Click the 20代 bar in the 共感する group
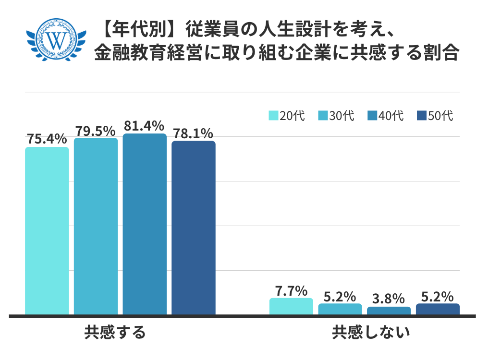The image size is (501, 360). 47,230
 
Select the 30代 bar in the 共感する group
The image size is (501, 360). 96,226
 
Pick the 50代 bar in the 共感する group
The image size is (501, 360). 194,228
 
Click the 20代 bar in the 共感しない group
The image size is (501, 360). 291,307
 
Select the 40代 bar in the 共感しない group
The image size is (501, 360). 389,311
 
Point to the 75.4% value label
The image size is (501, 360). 47,139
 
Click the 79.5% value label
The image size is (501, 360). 95,131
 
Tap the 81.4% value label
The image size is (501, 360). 145,126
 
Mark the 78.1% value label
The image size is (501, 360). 194,133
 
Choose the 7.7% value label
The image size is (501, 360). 291,290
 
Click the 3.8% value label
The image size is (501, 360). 389,299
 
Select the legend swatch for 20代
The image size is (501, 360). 273,116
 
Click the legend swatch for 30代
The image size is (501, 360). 323,116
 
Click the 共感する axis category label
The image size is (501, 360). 115,332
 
